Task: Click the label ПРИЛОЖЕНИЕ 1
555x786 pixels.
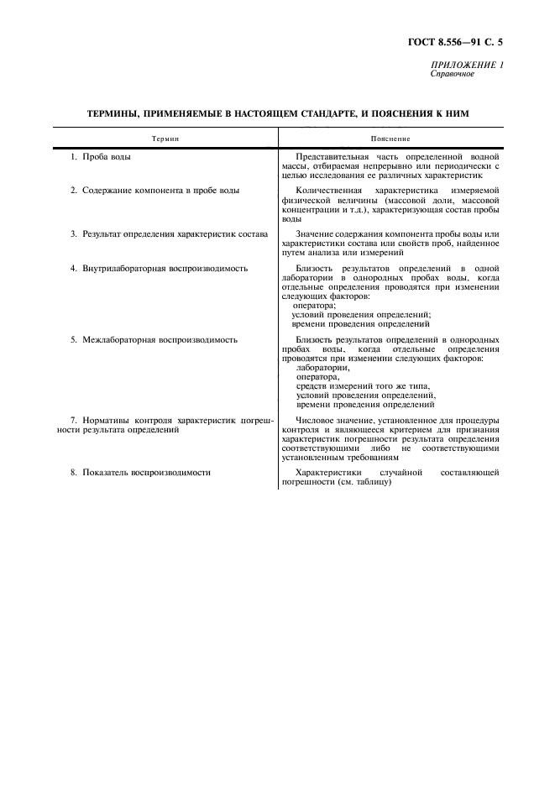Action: click(468, 65)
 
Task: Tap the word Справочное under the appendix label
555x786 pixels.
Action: click(453, 74)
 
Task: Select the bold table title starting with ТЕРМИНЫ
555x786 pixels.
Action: click(278, 113)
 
